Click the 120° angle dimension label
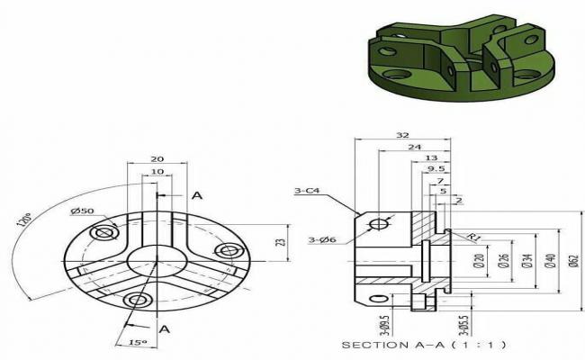click(27, 221)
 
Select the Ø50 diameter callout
click(83, 211)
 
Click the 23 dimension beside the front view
click(281, 241)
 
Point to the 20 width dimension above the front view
click(157, 157)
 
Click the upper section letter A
click(197, 195)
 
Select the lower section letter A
click(164, 329)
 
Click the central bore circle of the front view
click(155, 261)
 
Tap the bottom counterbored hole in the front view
click(138, 299)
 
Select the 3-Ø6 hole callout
click(322, 239)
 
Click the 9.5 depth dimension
click(436, 168)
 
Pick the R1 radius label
click(471, 236)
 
